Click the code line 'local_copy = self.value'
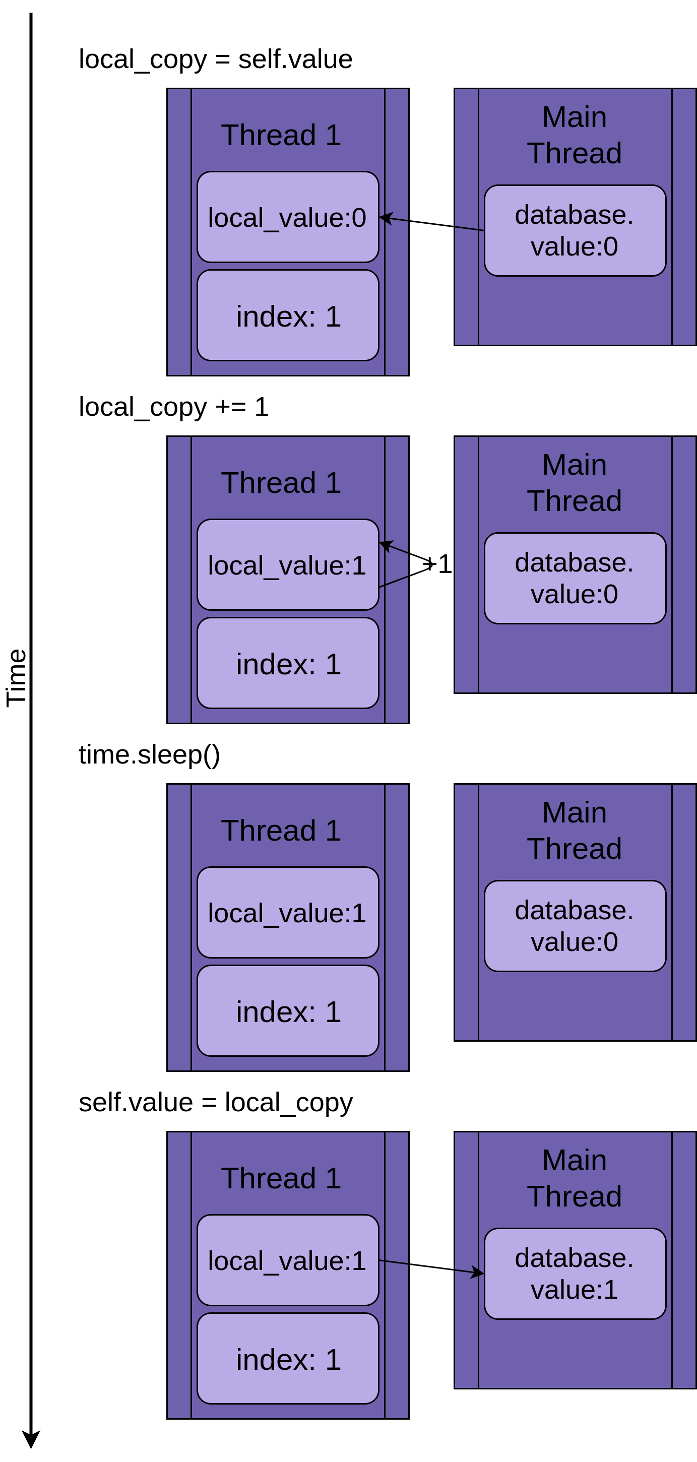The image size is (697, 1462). [215, 59]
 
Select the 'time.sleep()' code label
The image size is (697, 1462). [149, 755]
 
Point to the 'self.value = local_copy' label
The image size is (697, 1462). [215, 1103]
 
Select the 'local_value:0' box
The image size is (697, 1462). [287, 217]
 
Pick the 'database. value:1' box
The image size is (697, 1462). [575, 1274]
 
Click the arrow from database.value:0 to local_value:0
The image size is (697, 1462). [431, 224]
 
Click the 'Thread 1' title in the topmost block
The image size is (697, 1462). [281, 135]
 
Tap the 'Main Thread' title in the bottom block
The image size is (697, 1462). [575, 1178]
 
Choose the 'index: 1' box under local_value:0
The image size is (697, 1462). [288, 316]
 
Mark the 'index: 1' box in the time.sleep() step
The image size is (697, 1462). [288, 1012]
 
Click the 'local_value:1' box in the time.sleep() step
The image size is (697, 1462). [287, 913]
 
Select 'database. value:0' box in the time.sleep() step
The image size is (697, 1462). [575, 926]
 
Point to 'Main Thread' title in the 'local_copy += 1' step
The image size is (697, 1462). [575, 483]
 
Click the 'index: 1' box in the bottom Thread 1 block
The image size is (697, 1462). [288, 1360]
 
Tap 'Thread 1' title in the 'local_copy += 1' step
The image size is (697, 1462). [281, 483]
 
